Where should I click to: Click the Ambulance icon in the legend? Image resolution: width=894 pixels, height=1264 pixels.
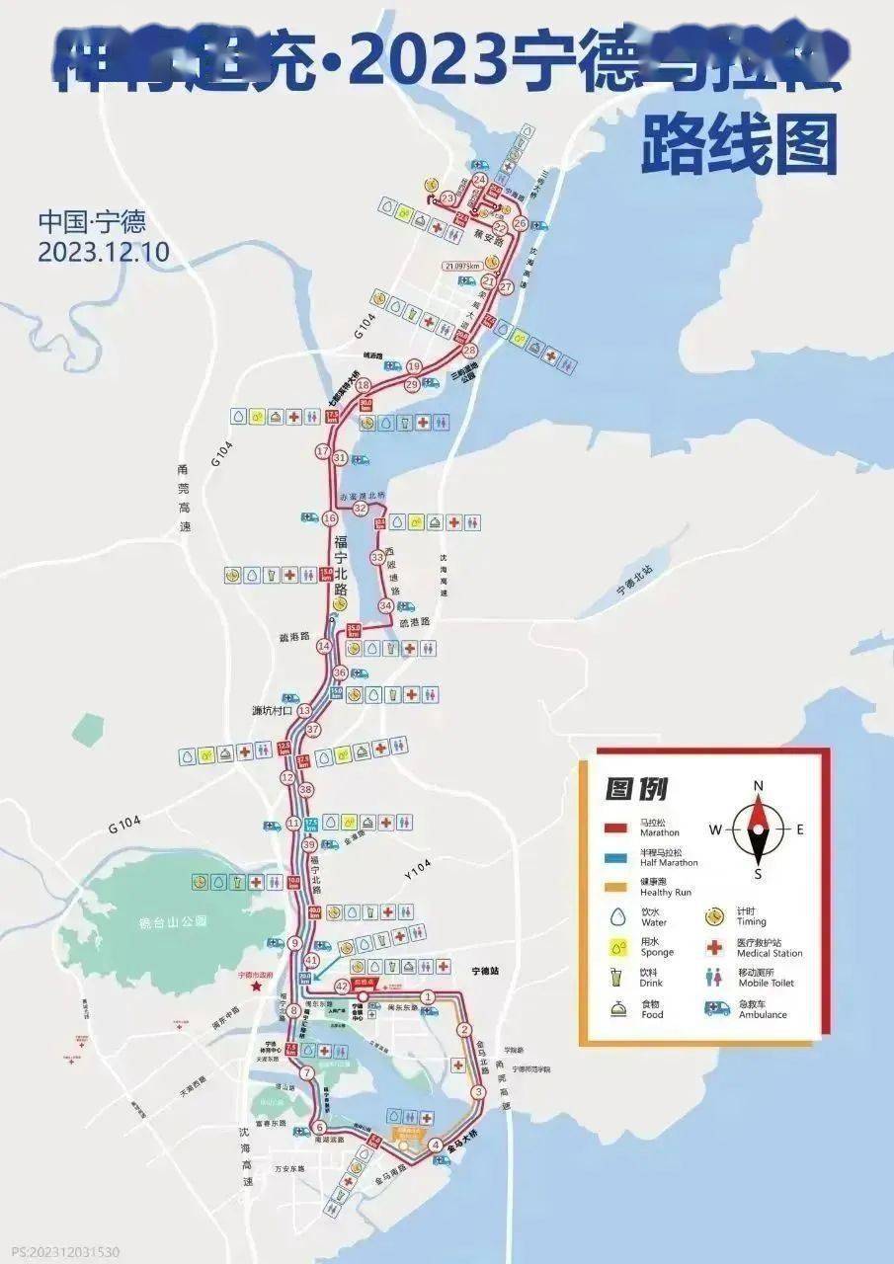tap(718, 1008)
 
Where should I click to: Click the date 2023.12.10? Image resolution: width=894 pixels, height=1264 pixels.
tap(103, 252)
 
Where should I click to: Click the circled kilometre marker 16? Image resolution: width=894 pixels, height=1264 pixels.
tap(330, 518)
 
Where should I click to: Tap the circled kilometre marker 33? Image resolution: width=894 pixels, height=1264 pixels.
tap(376, 558)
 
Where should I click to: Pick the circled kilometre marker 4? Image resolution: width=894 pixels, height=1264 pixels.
tap(436, 1145)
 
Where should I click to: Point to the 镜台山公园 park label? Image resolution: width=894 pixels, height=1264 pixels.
tap(173, 922)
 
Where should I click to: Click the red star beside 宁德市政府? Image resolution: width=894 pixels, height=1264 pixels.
tap(256, 987)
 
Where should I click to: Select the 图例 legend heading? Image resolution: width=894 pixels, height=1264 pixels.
tap(636, 789)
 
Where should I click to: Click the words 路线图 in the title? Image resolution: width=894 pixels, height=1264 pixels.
tap(738, 143)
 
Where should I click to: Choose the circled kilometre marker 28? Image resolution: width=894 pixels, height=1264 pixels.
tap(469, 351)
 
